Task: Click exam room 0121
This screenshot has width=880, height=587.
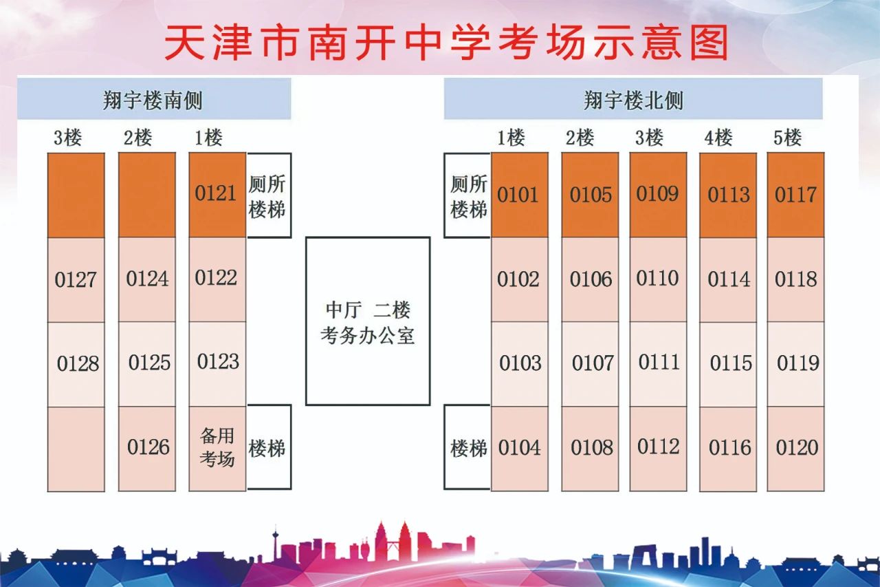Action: [x=217, y=195]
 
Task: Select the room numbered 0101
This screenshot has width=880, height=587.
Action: [x=519, y=195]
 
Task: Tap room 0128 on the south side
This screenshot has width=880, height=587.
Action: [x=76, y=365]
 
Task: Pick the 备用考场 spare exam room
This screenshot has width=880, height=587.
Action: [x=217, y=449]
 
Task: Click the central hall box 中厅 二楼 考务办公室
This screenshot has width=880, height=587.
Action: [x=368, y=321]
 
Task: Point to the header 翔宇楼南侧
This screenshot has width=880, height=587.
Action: [x=154, y=98]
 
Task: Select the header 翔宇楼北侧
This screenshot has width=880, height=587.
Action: [x=633, y=98]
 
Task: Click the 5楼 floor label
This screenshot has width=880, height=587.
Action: [x=787, y=138]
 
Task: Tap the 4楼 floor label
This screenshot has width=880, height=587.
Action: [x=718, y=138]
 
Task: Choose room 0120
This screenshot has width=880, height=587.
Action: [x=795, y=449]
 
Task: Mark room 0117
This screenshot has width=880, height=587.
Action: [x=795, y=195]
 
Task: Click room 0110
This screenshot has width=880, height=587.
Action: [x=658, y=279]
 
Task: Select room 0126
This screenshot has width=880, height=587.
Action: [x=147, y=449]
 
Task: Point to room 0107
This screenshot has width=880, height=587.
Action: [x=590, y=364]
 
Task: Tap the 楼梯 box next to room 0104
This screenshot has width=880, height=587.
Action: [x=467, y=447]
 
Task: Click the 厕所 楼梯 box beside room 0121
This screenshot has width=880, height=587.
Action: [x=269, y=195]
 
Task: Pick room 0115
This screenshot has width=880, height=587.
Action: [x=728, y=365]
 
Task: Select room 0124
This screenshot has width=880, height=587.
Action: [x=147, y=279]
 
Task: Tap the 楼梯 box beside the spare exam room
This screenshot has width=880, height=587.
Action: [x=269, y=447]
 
